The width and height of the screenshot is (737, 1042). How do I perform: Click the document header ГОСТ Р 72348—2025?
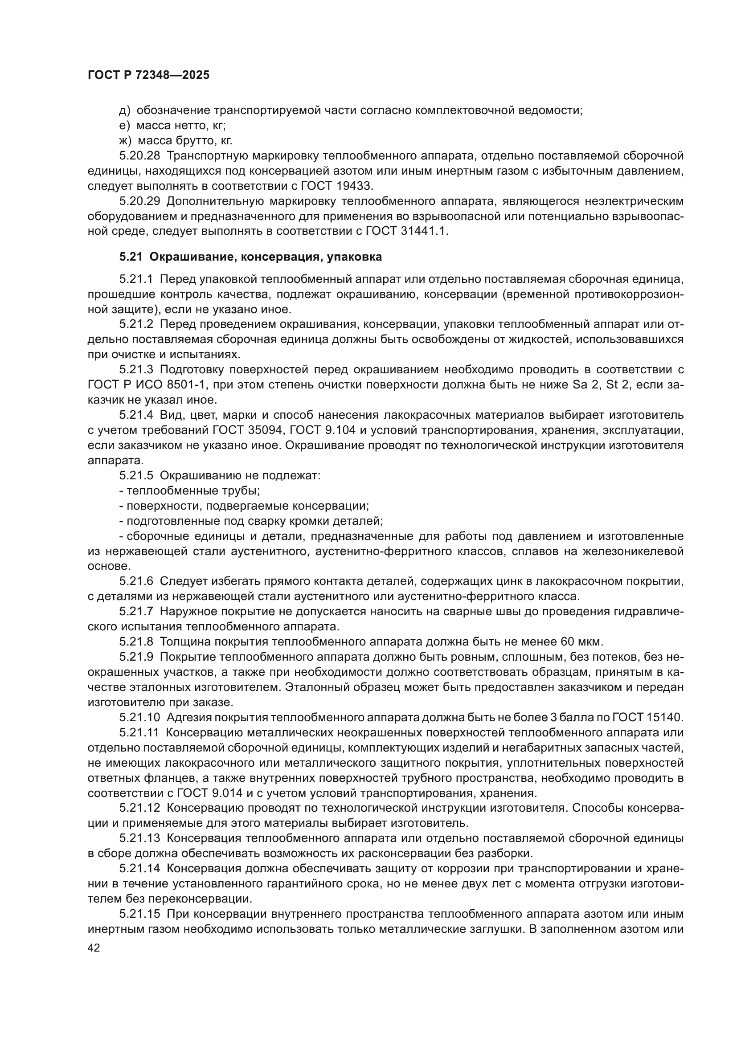(148, 75)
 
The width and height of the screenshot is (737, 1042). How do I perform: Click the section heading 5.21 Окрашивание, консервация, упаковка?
(250, 257)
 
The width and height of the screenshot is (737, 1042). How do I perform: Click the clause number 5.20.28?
(140, 156)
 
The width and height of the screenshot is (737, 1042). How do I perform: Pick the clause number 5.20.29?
(140, 201)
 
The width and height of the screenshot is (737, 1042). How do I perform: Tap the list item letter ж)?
(125, 141)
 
